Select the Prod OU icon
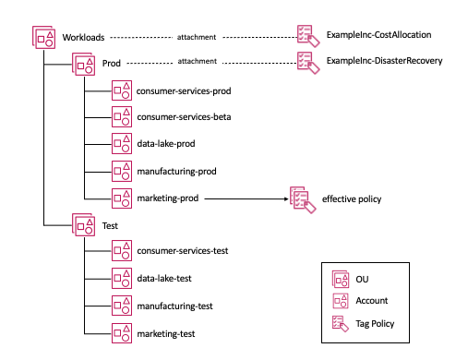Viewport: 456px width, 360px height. (x=84, y=63)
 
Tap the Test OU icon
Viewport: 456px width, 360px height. (x=84, y=225)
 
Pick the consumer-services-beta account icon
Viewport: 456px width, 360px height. (x=121, y=117)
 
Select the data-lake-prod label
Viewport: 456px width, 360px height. (x=166, y=144)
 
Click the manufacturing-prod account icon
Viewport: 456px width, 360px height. (x=121, y=171)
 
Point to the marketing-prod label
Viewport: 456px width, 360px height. (x=169, y=198)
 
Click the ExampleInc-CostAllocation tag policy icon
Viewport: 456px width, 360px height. (x=306, y=36)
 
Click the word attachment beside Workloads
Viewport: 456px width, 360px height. (x=197, y=38)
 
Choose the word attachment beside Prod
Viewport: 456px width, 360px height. (x=197, y=62)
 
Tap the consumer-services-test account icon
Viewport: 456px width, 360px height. (x=121, y=251)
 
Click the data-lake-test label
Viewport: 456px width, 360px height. (x=165, y=278)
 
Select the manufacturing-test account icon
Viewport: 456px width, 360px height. (x=121, y=305)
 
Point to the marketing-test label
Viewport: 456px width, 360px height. (x=168, y=331)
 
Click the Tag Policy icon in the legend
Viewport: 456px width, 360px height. (x=339, y=323)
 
